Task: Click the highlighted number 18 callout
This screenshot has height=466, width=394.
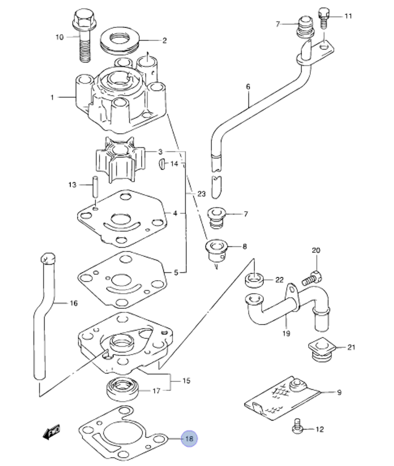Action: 189,438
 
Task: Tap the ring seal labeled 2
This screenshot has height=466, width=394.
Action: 119,41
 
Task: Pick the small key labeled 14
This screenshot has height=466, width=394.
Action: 162,163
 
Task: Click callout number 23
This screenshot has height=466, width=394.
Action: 201,194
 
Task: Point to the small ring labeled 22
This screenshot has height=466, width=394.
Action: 255,280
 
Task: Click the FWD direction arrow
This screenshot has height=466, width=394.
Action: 52,432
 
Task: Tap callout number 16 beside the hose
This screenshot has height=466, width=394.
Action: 73,303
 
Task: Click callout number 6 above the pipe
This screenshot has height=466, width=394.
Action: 248,86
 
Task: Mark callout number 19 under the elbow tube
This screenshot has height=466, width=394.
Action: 286,333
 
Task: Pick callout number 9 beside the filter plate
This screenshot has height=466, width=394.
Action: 339,392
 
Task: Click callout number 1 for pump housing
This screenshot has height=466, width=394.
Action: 52,97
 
